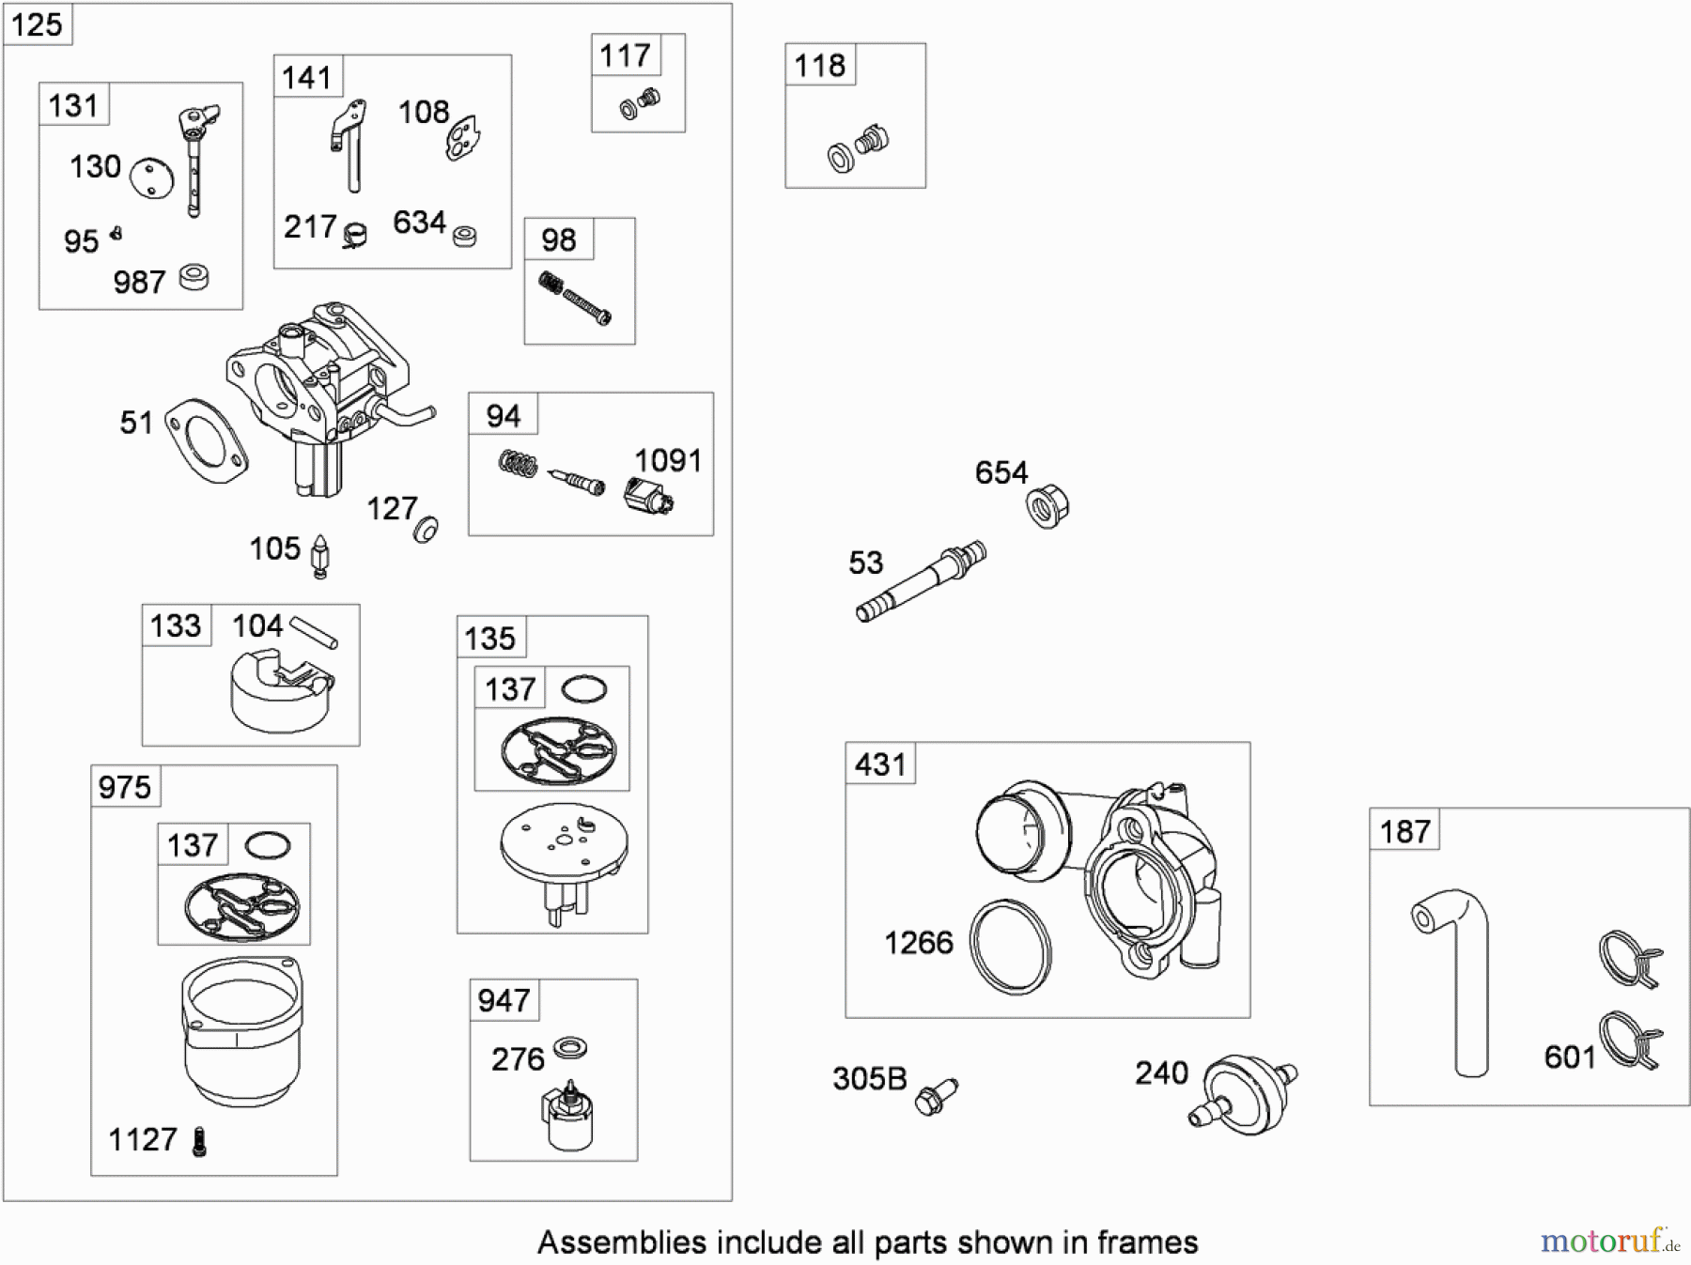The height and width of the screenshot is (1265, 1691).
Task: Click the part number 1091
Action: click(x=668, y=461)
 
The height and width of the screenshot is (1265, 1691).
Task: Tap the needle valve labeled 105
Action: click(x=320, y=557)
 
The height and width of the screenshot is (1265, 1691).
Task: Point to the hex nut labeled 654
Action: click(x=1048, y=506)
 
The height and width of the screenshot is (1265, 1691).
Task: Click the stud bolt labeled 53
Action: click(x=921, y=581)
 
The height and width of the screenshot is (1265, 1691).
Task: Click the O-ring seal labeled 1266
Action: click(x=1011, y=947)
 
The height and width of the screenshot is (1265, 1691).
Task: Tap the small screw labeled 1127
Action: click(x=199, y=1142)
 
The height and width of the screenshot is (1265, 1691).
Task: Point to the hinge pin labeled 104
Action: click(x=313, y=631)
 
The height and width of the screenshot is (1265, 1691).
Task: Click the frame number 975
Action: click(x=125, y=787)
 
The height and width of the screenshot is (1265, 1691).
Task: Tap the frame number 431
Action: click(x=880, y=764)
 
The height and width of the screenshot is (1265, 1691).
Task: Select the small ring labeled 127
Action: click(x=426, y=530)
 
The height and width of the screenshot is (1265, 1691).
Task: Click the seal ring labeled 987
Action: click(x=194, y=277)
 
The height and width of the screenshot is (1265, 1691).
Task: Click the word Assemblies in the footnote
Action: click(x=621, y=1242)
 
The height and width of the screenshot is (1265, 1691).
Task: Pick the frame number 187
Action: click(x=1404, y=831)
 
